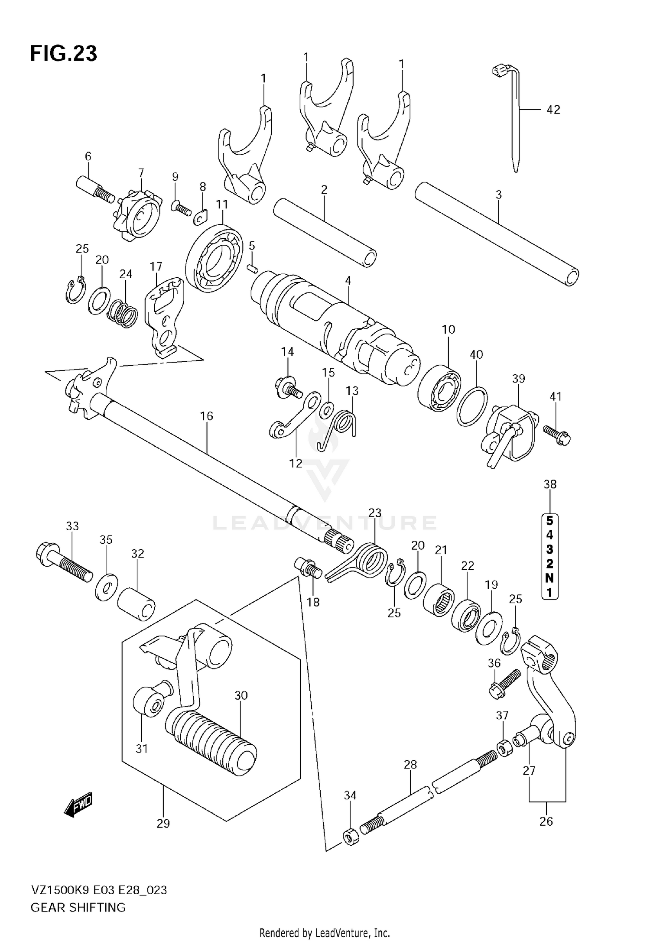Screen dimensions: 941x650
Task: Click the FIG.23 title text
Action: [x=64, y=54]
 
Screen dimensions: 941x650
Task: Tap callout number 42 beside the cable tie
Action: [x=553, y=110]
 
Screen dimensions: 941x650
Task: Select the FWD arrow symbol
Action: [x=78, y=805]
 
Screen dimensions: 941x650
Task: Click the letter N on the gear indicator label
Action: [x=549, y=578]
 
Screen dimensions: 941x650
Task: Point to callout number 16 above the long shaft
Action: [x=207, y=416]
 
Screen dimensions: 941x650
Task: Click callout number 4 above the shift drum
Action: [x=348, y=281]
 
